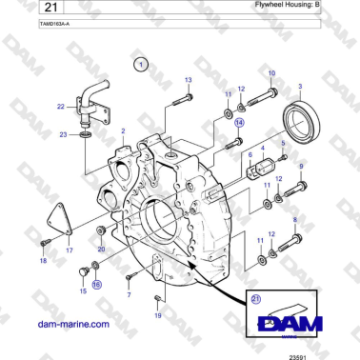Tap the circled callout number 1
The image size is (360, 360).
tap(141, 65)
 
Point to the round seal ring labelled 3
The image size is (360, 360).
tap(304, 120)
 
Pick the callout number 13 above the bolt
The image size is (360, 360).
tap(188, 79)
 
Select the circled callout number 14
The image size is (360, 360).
tap(240, 123)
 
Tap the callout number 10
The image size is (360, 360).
tap(271, 73)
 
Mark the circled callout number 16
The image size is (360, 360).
tap(96, 284)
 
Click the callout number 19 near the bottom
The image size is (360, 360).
tap(158, 315)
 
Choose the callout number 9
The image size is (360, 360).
tap(302, 168)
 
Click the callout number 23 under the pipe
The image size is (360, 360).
tap(63, 135)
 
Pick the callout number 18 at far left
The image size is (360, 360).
tap(42, 259)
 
